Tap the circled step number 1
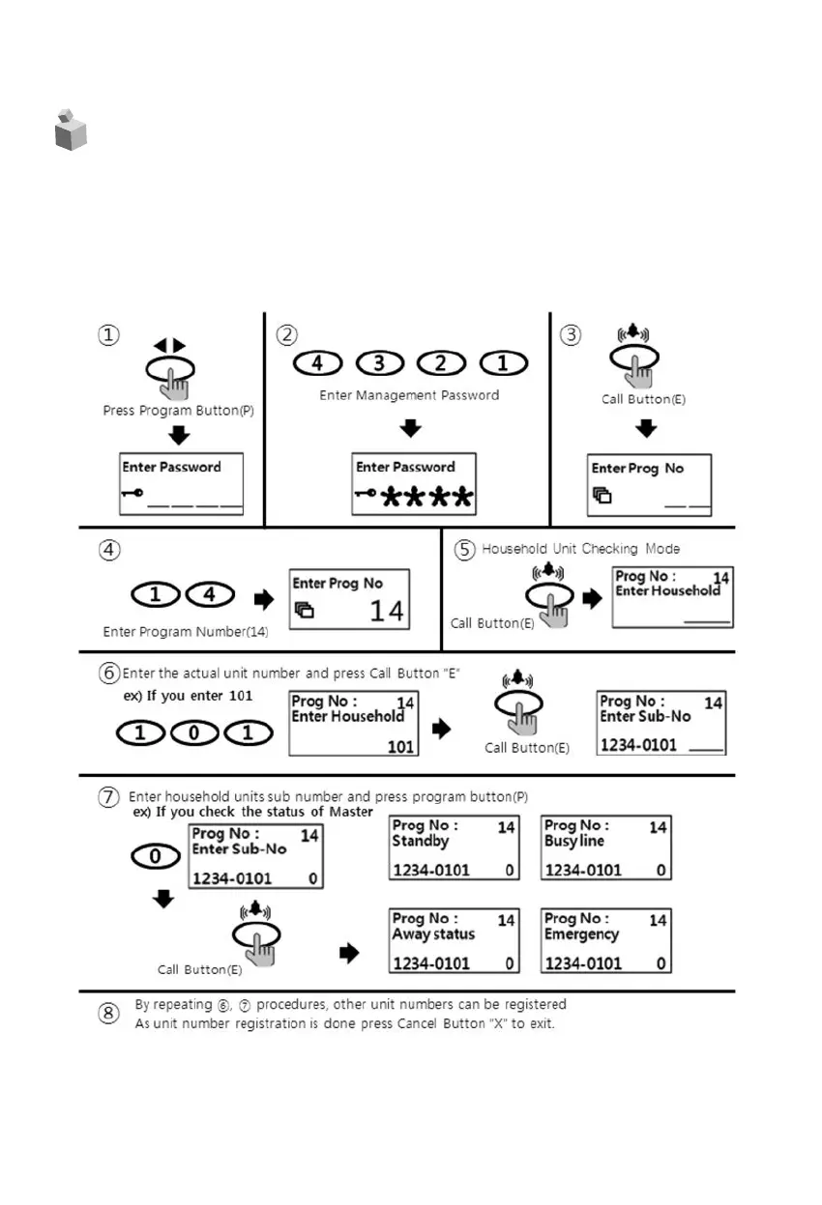[x=107, y=334]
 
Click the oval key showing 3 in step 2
[x=380, y=364]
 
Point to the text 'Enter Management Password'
[x=409, y=395]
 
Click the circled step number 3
[x=572, y=334]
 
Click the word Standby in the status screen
[x=420, y=842]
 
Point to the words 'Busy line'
[x=574, y=842]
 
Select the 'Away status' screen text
[x=433, y=934]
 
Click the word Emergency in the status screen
[x=581, y=934]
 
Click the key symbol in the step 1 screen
[x=132, y=493]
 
